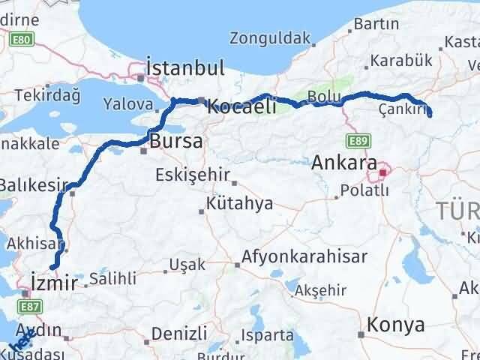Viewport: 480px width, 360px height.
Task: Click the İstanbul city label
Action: (x=186, y=68)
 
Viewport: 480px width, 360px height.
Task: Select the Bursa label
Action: (x=175, y=140)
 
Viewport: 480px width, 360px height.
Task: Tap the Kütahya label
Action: (x=241, y=204)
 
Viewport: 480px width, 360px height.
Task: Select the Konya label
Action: (x=396, y=325)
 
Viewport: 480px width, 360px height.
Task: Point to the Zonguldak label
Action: (x=269, y=37)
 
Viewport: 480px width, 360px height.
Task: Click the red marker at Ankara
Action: (x=383, y=173)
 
